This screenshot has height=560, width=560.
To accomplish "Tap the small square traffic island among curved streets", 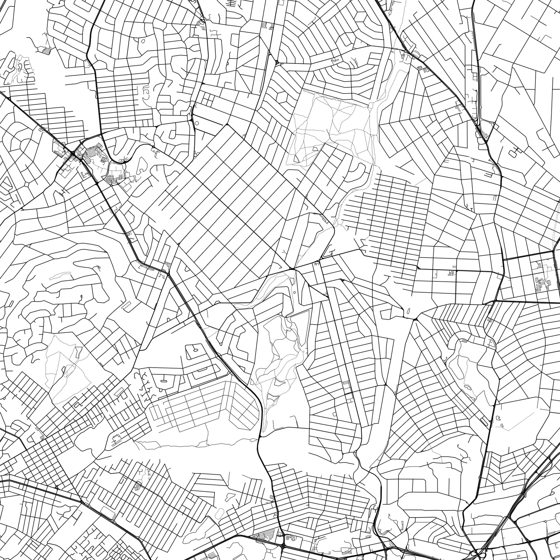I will [x=27, y=184].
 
